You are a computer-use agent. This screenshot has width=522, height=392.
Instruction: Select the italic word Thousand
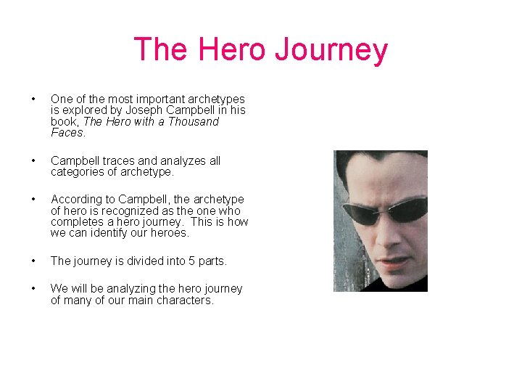coord(194,122)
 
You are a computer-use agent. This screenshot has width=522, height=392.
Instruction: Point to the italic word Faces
coord(67,133)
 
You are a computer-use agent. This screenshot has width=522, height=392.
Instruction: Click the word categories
coord(78,172)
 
